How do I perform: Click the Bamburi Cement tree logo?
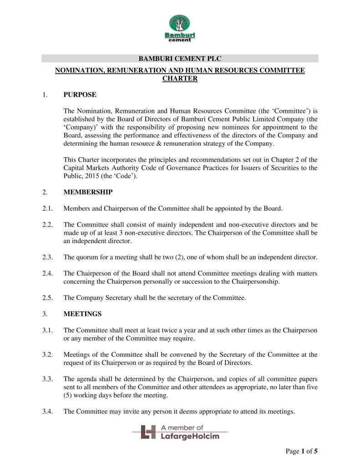coord(180,28)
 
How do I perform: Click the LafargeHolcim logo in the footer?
coord(180,432)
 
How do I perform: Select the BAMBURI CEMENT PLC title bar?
coord(180,58)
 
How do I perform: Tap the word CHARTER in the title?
coord(180,78)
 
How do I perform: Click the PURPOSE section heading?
coord(80,95)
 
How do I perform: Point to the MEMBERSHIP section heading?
coord(88,192)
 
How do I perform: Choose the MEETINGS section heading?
coord(82,314)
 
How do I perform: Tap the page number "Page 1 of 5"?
coord(301,451)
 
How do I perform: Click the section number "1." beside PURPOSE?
coord(45,95)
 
